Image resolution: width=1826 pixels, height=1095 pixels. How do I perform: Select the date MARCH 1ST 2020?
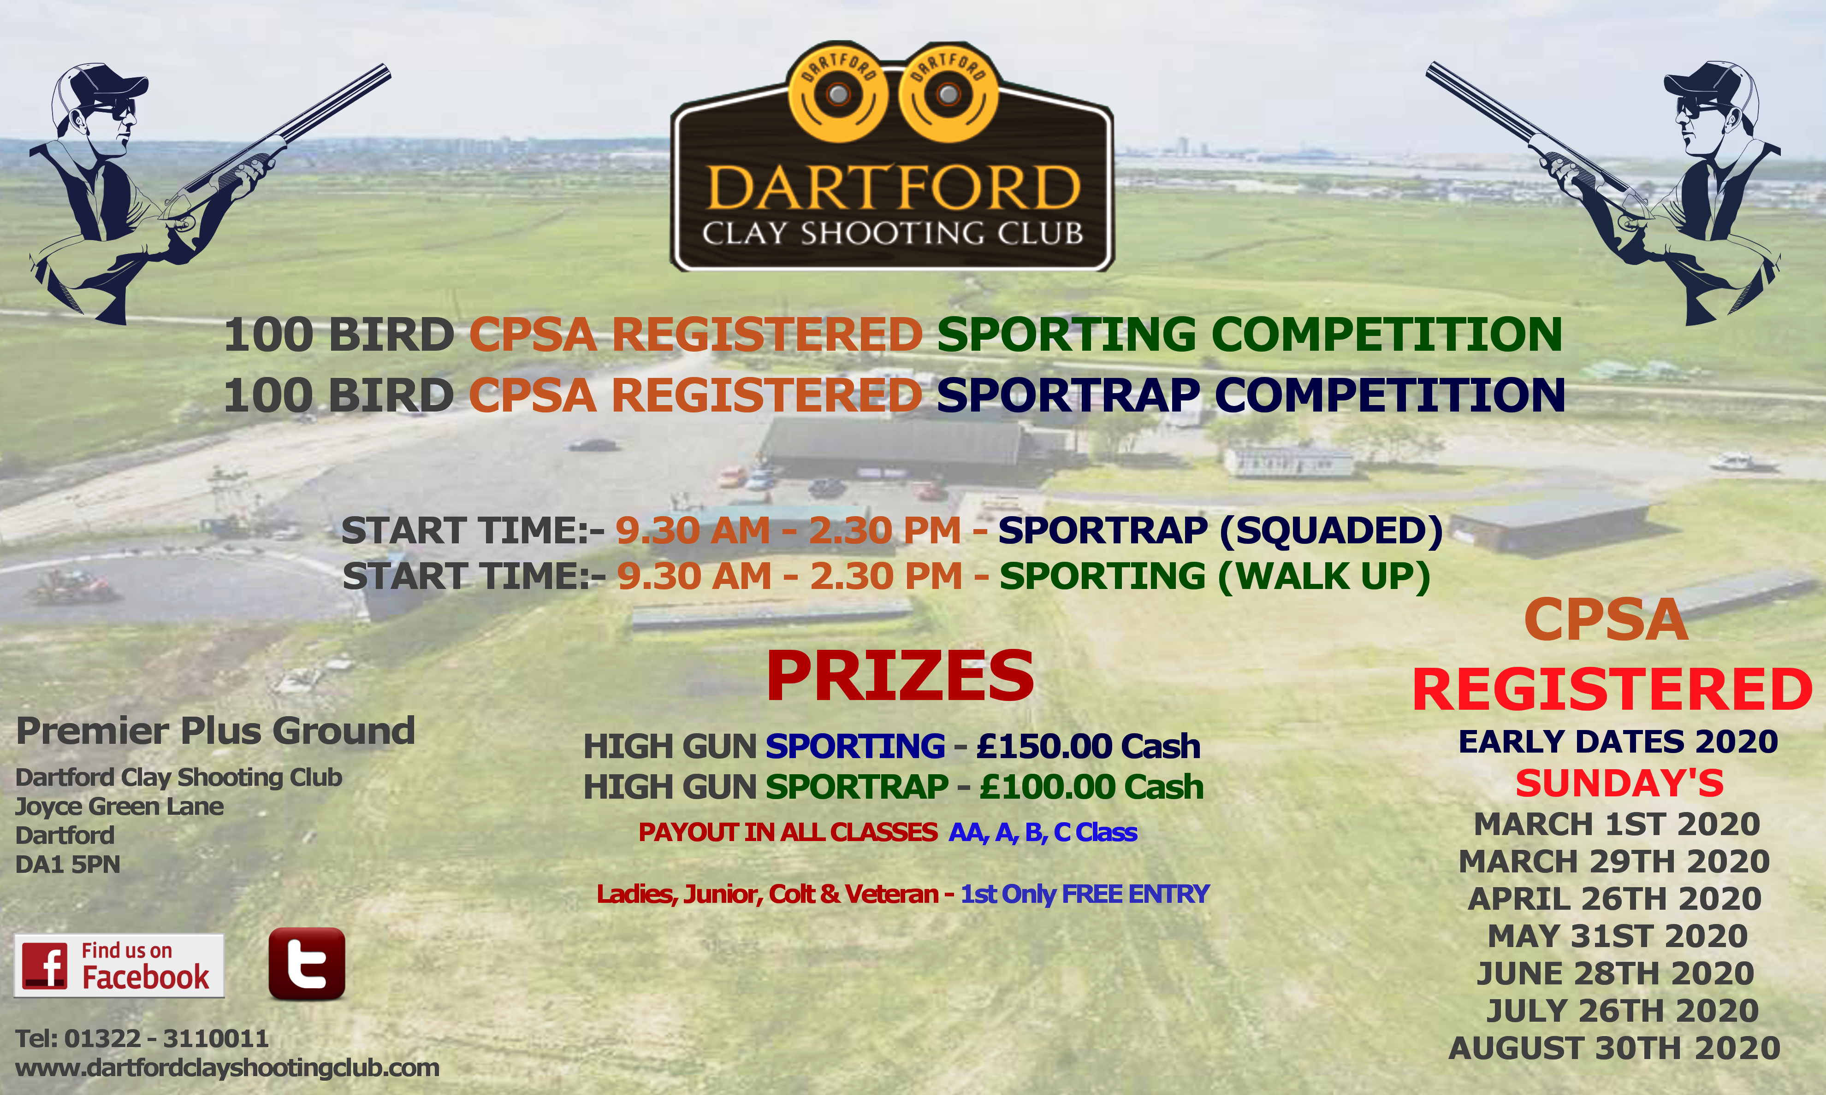pyautogui.click(x=1616, y=824)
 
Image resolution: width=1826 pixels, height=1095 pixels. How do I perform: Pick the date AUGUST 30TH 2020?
pyautogui.click(x=1614, y=1048)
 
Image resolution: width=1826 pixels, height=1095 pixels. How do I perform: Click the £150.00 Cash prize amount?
pyautogui.click(x=1088, y=747)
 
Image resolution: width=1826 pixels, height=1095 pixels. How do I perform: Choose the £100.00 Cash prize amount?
pyautogui.click(x=1091, y=787)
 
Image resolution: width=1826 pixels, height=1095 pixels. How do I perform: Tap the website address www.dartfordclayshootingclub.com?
pyautogui.click(x=227, y=1068)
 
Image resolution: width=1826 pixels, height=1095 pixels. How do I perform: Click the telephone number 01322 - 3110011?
pyautogui.click(x=166, y=1039)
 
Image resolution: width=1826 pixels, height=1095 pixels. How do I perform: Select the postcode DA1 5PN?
pyautogui.click(x=67, y=864)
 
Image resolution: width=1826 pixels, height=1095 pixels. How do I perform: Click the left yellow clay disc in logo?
pyautogui.click(x=838, y=94)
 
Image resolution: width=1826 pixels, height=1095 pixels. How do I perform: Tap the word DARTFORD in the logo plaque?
pyautogui.click(x=893, y=188)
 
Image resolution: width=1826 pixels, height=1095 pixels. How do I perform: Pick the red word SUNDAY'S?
pyautogui.click(x=1619, y=783)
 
